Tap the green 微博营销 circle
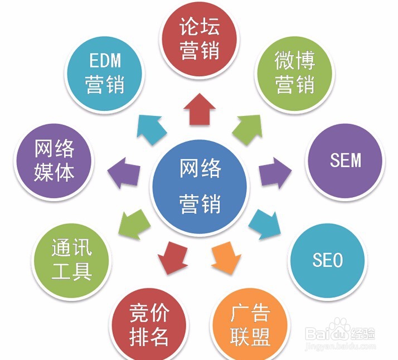click(294, 72)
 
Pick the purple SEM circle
click(346, 160)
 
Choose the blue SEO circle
click(327, 260)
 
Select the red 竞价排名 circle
click(149, 324)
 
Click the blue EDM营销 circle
click(104, 72)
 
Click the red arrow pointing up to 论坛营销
click(199, 109)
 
